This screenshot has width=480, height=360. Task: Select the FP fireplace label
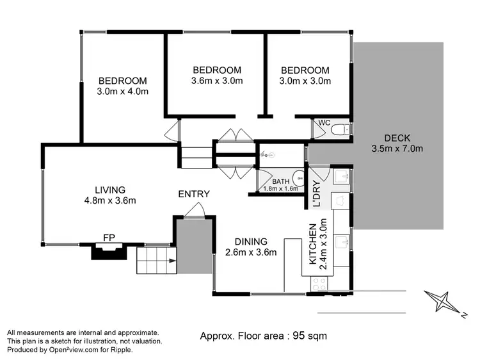click(x=109, y=238)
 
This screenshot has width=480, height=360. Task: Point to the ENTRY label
click(x=193, y=194)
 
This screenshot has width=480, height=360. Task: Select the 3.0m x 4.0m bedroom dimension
click(x=122, y=92)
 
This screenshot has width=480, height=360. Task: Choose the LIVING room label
click(x=110, y=190)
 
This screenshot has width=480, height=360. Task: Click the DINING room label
click(x=250, y=241)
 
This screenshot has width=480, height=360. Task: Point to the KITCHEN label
click(x=312, y=245)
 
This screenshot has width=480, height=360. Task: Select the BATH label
click(x=281, y=181)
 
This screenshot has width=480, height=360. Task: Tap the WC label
click(x=324, y=122)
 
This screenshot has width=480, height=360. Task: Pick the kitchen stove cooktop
click(x=318, y=284)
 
